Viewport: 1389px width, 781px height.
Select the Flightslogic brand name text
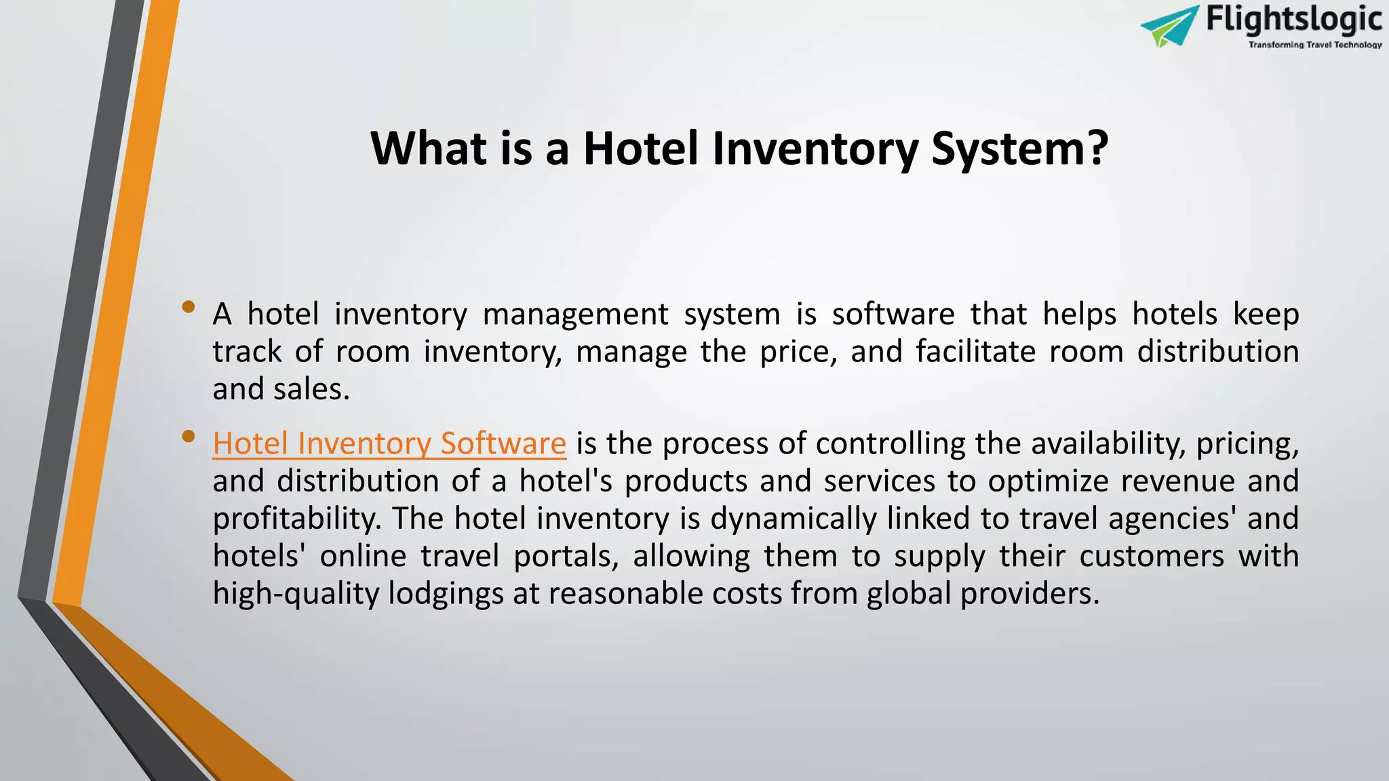tap(1293, 19)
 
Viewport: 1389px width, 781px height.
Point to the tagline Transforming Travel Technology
tap(1315, 45)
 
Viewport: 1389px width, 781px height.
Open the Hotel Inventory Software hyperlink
tap(389, 443)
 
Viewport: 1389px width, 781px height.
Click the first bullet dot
tap(189, 307)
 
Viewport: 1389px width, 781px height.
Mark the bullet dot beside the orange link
tap(189, 437)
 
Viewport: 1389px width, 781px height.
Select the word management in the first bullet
tap(575, 314)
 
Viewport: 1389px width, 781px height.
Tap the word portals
tap(566, 556)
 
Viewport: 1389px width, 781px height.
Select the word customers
tap(1152, 556)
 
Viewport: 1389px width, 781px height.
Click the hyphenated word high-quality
tap(296, 593)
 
